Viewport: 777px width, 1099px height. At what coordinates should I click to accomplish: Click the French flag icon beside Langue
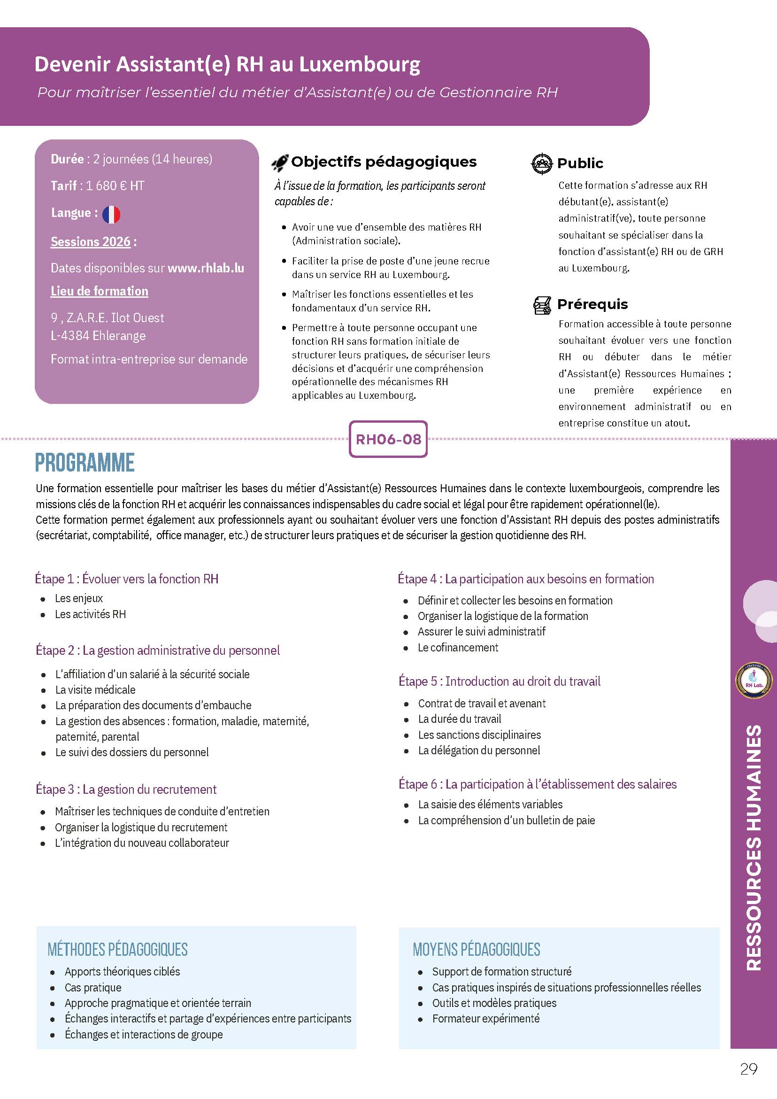(x=111, y=214)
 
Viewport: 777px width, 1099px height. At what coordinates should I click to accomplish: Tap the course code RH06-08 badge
(x=388, y=439)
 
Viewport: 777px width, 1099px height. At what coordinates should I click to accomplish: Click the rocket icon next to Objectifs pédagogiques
(x=280, y=163)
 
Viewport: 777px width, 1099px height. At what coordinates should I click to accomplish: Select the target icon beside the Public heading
(x=542, y=164)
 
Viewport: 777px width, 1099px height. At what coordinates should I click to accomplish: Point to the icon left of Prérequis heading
(x=542, y=305)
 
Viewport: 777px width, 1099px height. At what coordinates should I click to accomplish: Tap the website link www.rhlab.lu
(x=206, y=268)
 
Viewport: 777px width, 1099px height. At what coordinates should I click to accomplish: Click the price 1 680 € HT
(x=115, y=186)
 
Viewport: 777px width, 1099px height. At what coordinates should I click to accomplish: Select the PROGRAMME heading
(x=85, y=463)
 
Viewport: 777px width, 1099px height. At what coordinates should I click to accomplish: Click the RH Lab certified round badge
(x=754, y=680)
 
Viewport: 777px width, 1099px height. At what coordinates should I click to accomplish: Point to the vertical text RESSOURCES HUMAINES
(x=754, y=847)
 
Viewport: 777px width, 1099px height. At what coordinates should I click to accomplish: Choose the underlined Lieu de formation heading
(x=100, y=291)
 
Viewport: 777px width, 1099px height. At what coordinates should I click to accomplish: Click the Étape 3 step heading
(x=126, y=789)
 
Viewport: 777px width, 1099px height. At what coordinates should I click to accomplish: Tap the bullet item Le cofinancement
(x=457, y=648)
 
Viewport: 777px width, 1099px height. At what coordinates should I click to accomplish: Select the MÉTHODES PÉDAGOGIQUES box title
(x=118, y=949)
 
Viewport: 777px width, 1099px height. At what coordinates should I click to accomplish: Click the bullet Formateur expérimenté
(x=485, y=1019)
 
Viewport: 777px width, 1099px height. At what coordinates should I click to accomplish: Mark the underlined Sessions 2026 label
(x=91, y=242)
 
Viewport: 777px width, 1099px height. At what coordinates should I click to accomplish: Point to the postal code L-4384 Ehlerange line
(x=98, y=335)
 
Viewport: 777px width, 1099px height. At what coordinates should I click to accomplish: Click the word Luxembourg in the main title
(x=360, y=64)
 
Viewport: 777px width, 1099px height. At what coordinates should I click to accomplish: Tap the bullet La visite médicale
(x=95, y=690)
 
